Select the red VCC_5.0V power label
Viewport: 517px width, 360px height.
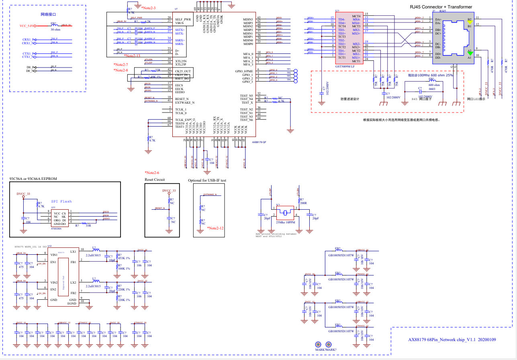tap(27, 26)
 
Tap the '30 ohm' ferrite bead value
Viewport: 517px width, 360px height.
tap(55, 30)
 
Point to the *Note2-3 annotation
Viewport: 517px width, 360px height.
tap(148, 8)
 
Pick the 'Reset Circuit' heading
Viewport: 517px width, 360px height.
tap(155, 180)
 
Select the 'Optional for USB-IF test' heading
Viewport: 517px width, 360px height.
tap(207, 180)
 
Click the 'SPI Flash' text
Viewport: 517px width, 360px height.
tap(61, 202)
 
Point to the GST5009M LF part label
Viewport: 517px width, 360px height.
tap(345, 66)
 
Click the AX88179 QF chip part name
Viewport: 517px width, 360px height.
tap(259, 142)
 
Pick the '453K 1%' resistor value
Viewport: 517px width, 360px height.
tap(123, 258)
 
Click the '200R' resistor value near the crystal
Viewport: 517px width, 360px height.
tap(303, 203)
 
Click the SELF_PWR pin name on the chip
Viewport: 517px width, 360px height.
tap(183, 19)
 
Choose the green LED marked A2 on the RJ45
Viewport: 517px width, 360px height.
tap(469, 53)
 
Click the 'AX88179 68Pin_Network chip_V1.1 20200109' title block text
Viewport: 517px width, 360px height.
tap(452, 340)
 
